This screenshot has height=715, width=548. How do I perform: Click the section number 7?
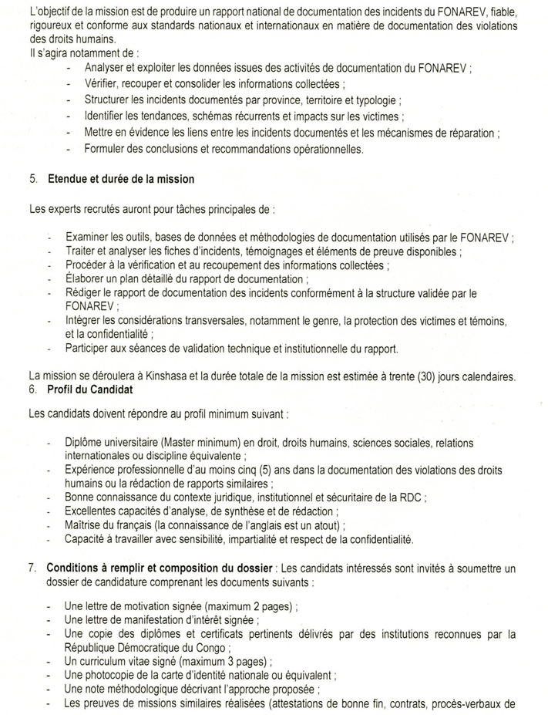(32, 567)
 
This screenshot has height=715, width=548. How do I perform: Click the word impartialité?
(279, 538)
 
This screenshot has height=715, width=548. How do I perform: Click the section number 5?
(32, 179)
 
